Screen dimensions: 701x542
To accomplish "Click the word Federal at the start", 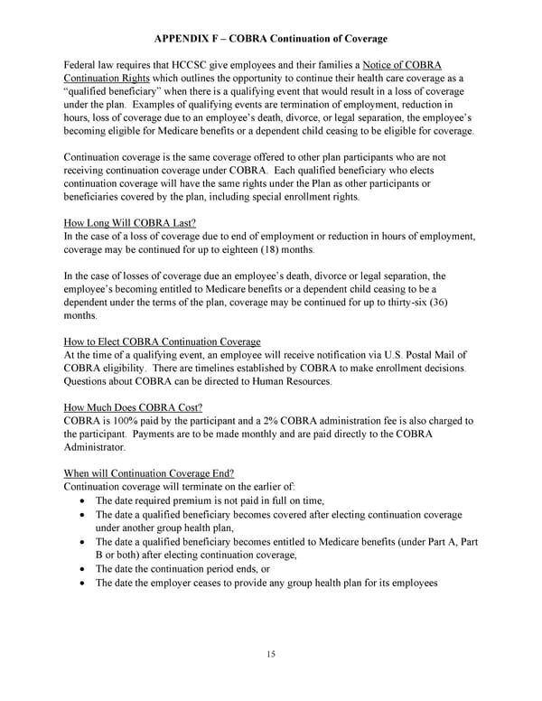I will coord(82,65).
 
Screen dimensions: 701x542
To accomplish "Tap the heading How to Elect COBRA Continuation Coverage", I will coord(163,341).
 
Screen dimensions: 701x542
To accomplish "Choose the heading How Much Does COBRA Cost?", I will coord(133,407).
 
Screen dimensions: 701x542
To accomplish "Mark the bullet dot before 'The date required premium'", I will coord(83,500).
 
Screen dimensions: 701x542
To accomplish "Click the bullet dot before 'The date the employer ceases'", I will coord(83,584).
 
